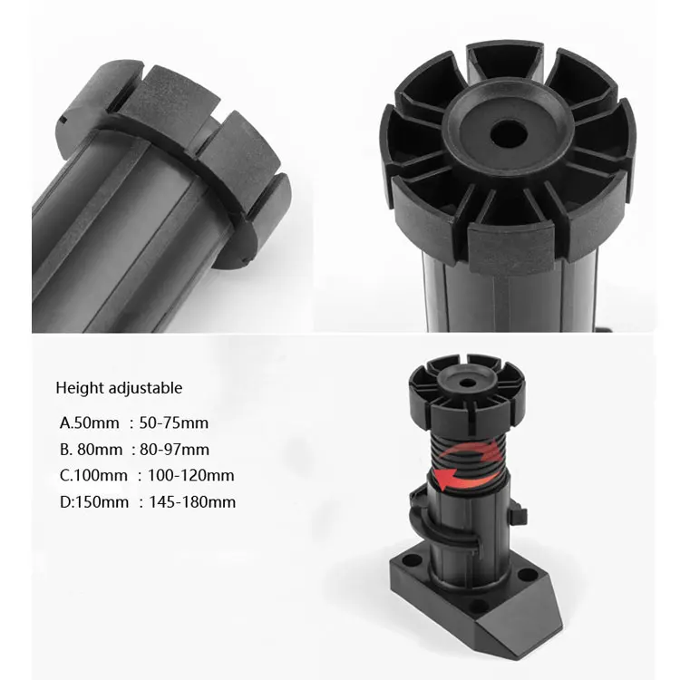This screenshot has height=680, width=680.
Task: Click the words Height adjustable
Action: pos(119,388)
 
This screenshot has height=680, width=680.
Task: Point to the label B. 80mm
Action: pos(92,449)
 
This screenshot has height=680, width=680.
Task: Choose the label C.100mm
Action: pos(94,475)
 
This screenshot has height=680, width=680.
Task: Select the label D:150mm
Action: pos(94,501)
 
